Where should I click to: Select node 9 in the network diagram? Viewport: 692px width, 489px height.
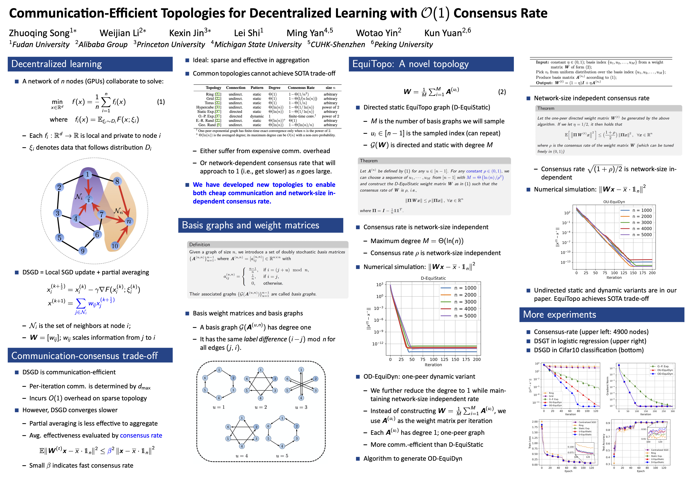tap(83, 251)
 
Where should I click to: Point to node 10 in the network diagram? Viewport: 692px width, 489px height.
tap(114, 246)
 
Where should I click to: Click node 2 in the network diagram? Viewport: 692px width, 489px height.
tap(59, 187)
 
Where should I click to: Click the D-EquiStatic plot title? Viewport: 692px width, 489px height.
tap(433, 278)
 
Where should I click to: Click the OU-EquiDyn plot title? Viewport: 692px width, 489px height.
tap(614, 202)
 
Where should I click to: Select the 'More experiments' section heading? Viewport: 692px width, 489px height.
tap(559, 315)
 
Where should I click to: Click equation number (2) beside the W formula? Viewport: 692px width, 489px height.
tap(502, 92)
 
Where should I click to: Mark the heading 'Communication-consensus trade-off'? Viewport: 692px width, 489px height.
tap(84, 356)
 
